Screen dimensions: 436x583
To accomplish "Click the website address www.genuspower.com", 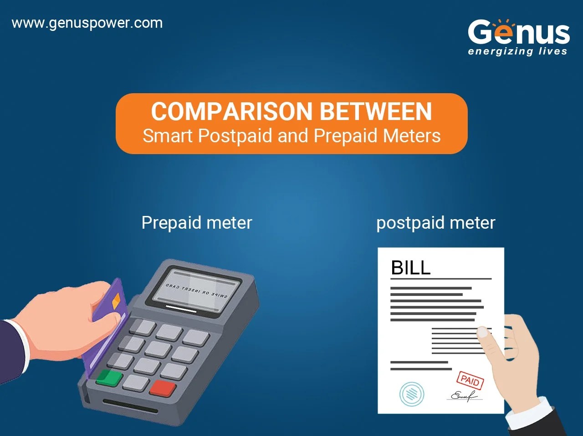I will [87, 23].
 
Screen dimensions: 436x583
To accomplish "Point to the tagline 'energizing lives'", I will [517, 51].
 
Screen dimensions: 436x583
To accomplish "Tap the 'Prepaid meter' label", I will [196, 223].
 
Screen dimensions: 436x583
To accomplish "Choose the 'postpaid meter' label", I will [435, 223].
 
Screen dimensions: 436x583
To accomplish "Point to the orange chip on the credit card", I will [116, 300].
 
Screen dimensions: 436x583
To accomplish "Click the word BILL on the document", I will [410, 268].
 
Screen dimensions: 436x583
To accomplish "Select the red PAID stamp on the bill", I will [470, 380].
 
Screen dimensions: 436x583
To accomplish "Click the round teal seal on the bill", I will [411, 393].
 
